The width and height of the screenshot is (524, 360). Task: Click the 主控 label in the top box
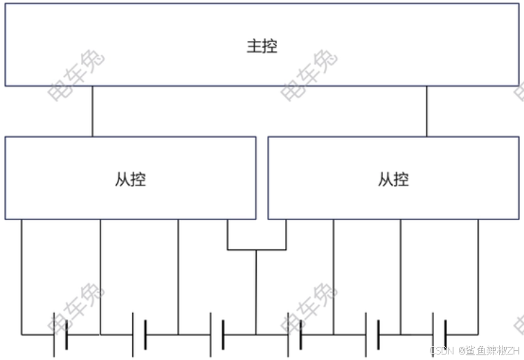point(262,46)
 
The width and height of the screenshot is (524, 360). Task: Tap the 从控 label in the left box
point(130,179)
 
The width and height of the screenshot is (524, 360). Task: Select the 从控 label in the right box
point(393,179)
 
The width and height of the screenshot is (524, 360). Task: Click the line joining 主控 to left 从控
point(92,111)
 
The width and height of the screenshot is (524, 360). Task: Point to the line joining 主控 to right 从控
point(426,111)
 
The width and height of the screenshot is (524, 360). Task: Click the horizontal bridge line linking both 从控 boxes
point(257,249)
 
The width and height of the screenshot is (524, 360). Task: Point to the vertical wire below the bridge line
point(257,291)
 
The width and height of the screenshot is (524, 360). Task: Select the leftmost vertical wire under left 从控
point(21,277)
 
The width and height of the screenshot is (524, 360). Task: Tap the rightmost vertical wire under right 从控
point(478,277)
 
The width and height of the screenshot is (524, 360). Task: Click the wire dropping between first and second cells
point(100,277)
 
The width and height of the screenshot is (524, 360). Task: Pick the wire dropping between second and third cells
point(178,277)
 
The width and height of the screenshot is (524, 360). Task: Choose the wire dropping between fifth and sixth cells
point(400,277)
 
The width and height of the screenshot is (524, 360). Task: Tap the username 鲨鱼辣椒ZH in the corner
point(491,351)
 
